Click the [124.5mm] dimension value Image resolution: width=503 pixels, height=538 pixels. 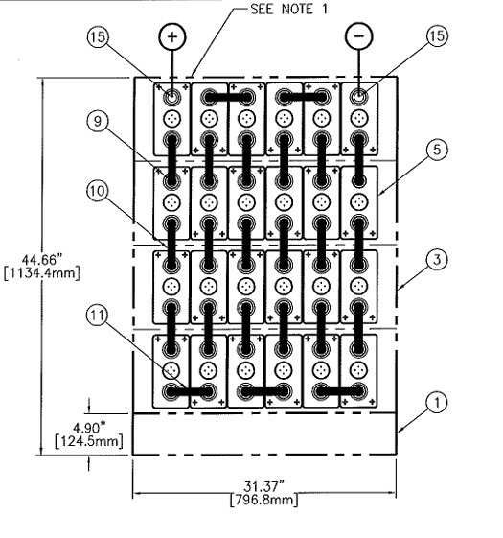[61, 439]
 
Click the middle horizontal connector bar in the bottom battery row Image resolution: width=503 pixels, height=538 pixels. [264, 391]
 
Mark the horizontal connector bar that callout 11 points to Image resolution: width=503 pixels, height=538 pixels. [191, 391]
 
